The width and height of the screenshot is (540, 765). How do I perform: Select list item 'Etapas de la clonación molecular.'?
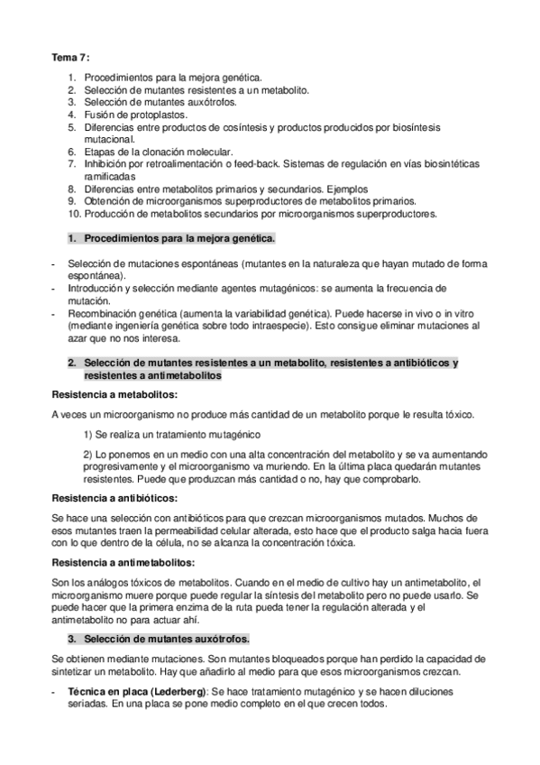point(158,152)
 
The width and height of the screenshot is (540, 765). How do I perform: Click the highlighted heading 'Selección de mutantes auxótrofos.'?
point(166,639)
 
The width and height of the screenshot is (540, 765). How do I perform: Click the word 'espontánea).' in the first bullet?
point(96,274)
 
